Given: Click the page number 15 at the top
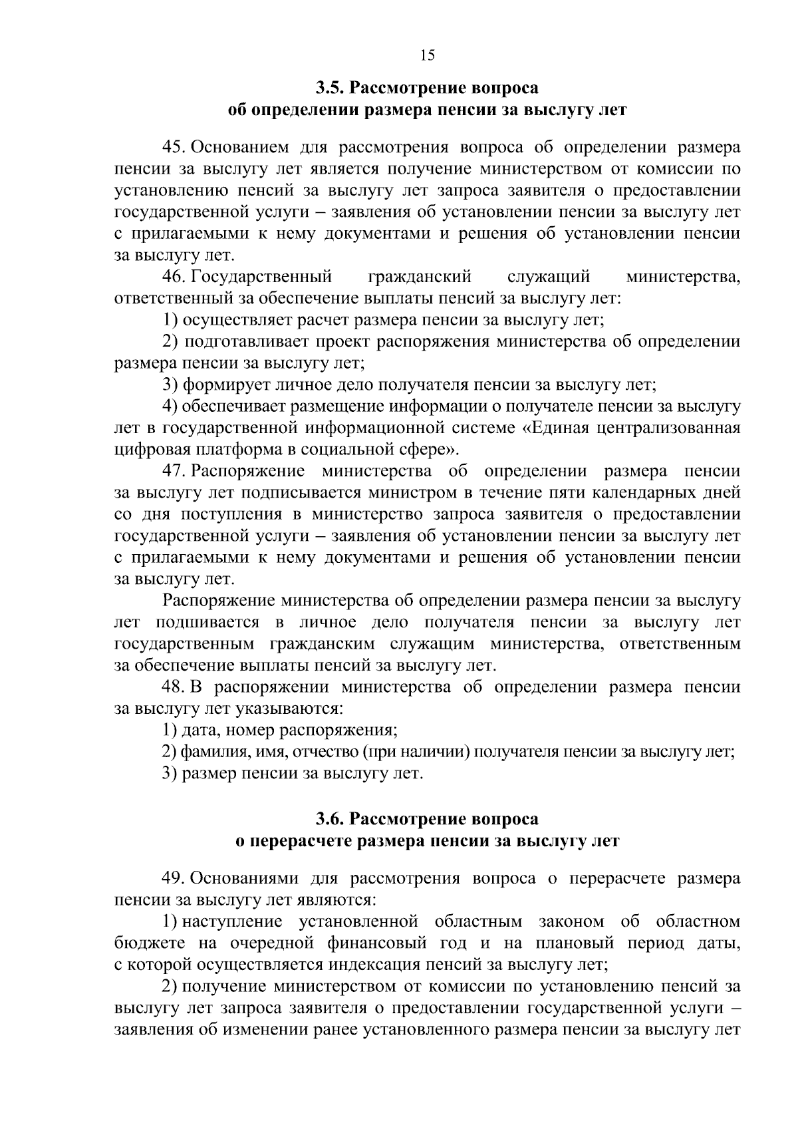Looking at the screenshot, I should [x=428, y=55].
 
